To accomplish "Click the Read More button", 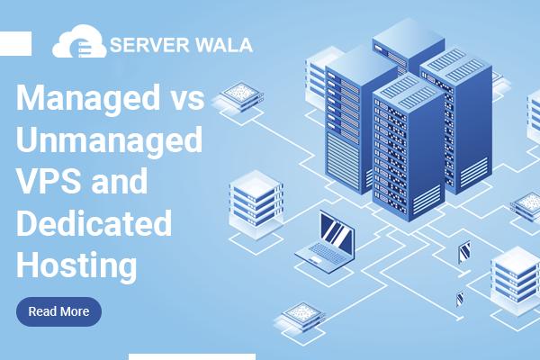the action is [58, 311].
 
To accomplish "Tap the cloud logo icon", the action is [79, 44].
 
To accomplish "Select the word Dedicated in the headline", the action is [94, 222].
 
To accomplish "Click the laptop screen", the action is [337, 236].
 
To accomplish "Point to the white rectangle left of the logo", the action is [15, 42].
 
